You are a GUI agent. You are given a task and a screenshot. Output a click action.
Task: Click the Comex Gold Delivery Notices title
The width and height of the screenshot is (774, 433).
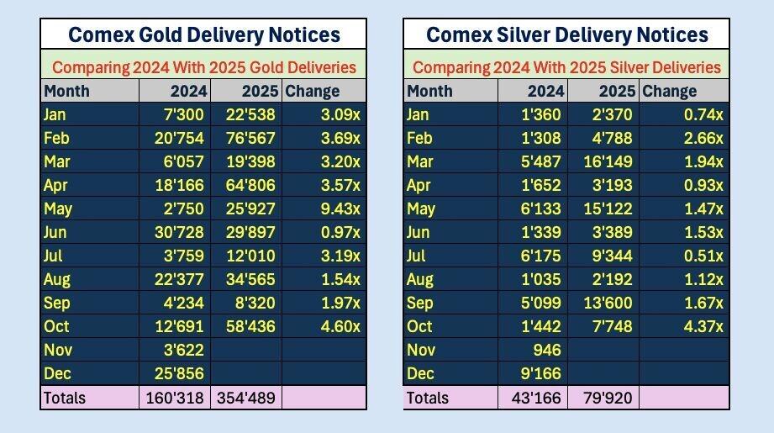click(203, 34)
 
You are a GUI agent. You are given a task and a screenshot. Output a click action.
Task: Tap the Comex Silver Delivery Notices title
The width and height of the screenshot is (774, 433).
click(566, 34)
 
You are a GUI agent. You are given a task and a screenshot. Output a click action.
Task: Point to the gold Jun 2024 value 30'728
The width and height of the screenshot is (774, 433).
click(176, 232)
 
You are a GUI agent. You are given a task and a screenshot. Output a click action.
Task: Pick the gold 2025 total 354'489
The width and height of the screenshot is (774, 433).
click(246, 398)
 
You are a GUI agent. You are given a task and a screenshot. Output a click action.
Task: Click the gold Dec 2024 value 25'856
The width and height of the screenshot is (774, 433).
click(176, 373)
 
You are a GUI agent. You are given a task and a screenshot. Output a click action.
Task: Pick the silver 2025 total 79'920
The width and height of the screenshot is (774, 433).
click(605, 398)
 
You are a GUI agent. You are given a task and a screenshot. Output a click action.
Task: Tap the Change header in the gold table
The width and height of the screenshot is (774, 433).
click(313, 91)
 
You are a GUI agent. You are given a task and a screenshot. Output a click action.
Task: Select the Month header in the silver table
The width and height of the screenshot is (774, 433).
click(429, 91)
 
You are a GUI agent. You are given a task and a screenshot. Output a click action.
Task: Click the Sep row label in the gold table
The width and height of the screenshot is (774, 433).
click(57, 303)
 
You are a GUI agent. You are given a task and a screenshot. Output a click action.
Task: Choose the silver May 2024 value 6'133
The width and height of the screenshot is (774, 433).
click(539, 209)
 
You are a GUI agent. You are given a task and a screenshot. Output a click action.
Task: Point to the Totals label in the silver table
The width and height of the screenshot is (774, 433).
click(428, 398)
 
